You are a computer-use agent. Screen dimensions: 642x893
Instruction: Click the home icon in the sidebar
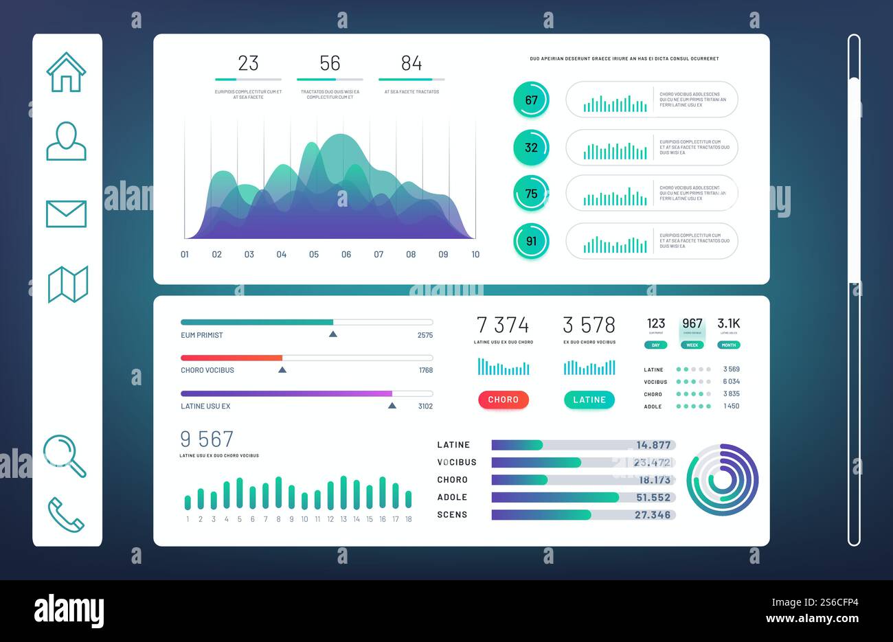click(66, 72)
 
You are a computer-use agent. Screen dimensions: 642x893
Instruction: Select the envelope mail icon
click(66, 214)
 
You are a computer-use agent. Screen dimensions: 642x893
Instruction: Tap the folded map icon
click(67, 284)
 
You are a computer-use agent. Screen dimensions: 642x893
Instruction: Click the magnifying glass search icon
click(65, 455)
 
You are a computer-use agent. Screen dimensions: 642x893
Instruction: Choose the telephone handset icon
click(66, 514)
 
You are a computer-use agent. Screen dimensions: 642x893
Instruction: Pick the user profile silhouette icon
click(66, 141)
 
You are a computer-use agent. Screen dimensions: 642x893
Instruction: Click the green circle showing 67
click(531, 100)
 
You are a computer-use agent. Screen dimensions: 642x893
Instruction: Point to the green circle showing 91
click(531, 241)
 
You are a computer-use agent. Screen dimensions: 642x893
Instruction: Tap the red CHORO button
click(504, 400)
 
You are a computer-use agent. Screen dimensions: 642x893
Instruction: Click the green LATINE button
click(589, 400)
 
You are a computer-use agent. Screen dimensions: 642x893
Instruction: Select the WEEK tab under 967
click(692, 345)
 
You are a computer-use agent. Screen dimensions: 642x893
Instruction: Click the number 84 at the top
click(411, 63)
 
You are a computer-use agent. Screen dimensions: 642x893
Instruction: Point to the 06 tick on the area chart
click(346, 255)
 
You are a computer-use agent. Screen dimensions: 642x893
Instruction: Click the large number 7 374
click(503, 325)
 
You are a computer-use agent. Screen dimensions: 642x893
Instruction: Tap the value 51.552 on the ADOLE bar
click(653, 497)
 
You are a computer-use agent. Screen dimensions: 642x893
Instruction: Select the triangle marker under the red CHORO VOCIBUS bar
click(282, 370)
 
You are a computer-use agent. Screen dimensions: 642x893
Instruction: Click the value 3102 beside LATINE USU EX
click(425, 406)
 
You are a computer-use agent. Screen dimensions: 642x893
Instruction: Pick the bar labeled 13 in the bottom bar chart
click(343, 493)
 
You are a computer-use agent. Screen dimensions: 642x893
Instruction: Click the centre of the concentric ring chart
click(722, 480)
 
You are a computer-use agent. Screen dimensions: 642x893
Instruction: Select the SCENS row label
click(452, 514)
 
